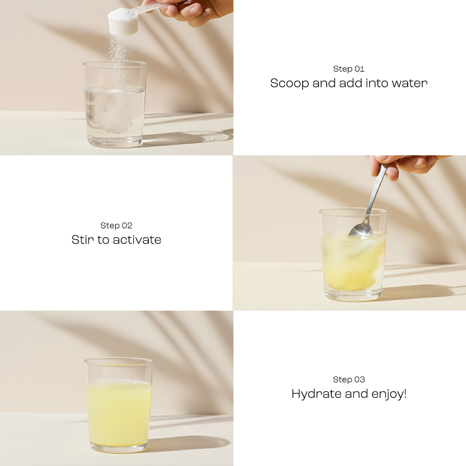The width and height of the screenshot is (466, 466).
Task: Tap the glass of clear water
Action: (x=115, y=105)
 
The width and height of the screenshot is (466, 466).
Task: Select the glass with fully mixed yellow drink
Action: (x=118, y=405)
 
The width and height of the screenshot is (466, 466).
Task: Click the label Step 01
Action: (x=349, y=69)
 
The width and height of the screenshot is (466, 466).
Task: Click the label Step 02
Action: (x=116, y=226)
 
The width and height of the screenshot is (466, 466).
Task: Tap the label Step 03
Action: (x=349, y=380)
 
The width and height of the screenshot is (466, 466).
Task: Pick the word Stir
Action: (x=82, y=240)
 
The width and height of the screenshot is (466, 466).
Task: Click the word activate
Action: (x=137, y=240)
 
